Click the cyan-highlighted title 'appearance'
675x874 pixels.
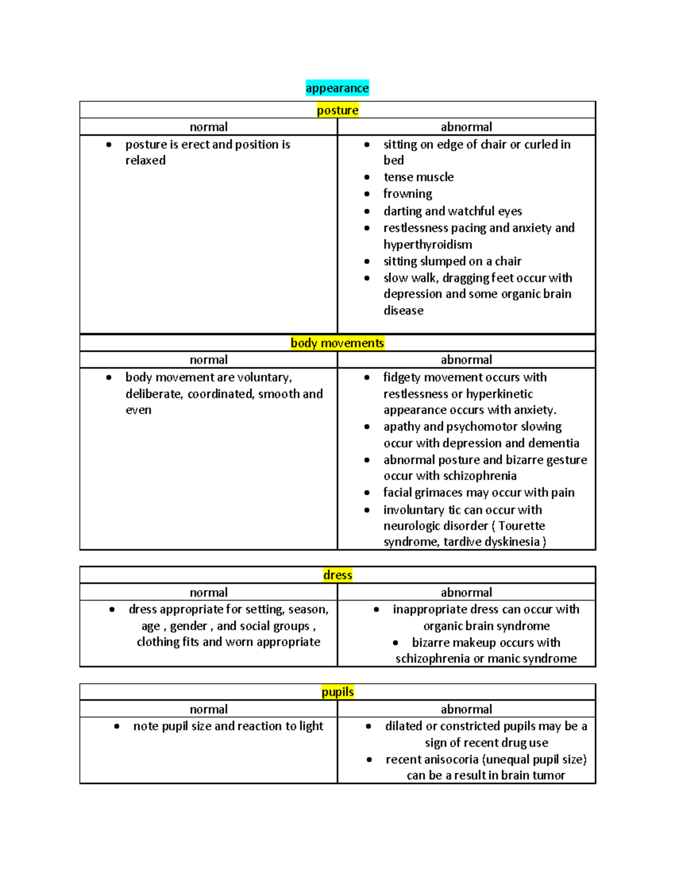coord(337,88)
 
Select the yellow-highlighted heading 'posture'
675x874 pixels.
coord(337,110)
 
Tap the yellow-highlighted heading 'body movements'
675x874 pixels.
coord(337,343)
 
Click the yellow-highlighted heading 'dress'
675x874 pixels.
coord(337,575)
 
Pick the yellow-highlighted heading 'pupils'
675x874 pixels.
coord(337,692)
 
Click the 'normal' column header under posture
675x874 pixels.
coord(209,127)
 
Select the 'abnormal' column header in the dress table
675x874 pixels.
coord(466,593)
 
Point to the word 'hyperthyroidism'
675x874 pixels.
coord(427,245)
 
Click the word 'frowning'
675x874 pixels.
coord(408,194)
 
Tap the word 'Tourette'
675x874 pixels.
coord(521,526)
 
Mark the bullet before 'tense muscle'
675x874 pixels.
coord(367,177)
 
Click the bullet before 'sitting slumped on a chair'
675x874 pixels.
coord(367,262)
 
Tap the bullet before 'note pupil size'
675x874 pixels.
coord(116,727)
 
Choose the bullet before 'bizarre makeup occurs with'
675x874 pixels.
coord(395,643)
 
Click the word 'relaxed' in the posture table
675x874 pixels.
coord(146,161)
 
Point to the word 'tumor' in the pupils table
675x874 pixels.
coord(548,776)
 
